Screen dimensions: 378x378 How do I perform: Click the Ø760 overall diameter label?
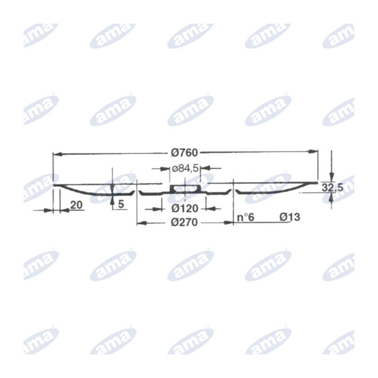(x=184, y=153)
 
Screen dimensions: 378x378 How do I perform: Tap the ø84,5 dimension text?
(x=185, y=169)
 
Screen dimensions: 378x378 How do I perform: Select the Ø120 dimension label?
(x=185, y=208)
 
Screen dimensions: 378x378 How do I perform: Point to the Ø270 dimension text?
(x=184, y=222)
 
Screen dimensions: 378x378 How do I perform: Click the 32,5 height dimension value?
(x=332, y=187)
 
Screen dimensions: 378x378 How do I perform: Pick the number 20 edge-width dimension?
(x=77, y=205)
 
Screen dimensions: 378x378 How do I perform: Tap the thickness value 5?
(x=121, y=204)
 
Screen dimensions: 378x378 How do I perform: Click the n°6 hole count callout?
(x=246, y=217)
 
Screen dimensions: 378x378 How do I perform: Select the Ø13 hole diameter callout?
(x=290, y=217)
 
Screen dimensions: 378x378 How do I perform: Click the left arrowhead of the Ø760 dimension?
(x=58, y=154)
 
